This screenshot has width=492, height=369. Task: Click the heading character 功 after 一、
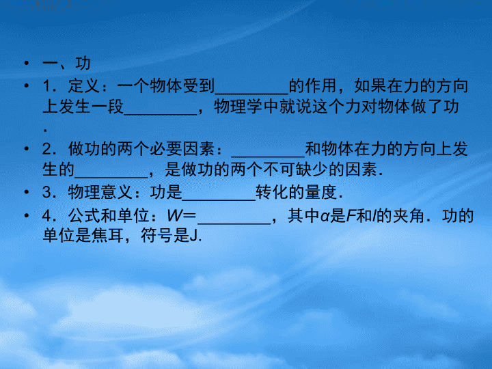click(x=83, y=64)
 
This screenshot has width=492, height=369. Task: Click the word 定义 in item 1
click(x=84, y=85)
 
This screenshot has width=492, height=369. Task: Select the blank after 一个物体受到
click(x=251, y=93)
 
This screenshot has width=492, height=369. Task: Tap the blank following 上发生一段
click(x=161, y=114)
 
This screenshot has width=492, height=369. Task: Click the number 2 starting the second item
click(x=46, y=149)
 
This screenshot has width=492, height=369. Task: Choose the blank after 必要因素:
click(x=268, y=156)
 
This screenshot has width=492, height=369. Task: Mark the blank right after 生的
click(x=111, y=177)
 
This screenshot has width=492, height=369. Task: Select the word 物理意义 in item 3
click(x=100, y=192)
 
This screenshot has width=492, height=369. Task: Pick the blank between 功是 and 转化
click(x=219, y=200)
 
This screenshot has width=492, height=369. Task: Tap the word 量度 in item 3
click(x=320, y=192)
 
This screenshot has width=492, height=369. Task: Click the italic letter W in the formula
click(x=175, y=216)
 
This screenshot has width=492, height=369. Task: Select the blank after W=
click(x=234, y=223)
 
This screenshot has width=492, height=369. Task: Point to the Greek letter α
click(x=325, y=217)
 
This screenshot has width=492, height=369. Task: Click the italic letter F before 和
click(x=351, y=216)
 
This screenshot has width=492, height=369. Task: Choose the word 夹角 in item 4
click(x=408, y=216)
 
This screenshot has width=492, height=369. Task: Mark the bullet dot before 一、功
click(x=27, y=64)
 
